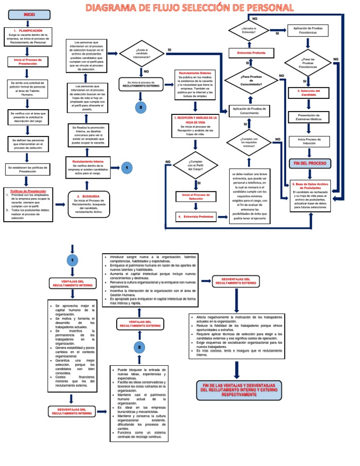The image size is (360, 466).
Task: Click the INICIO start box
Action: click(x=29, y=15)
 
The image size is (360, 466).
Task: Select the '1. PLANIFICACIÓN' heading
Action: click(x=31, y=30)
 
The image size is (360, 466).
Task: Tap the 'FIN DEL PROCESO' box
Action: click(x=310, y=163)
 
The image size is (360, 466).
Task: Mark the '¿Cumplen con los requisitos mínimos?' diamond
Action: click(x=248, y=142)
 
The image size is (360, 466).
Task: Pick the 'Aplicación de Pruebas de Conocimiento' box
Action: click(x=249, y=111)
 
